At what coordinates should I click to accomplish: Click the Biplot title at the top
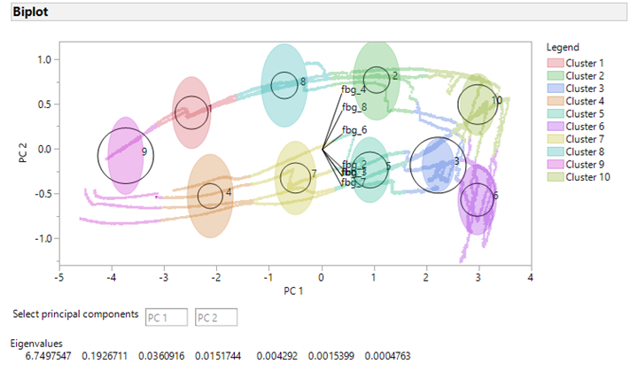pyautogui.click(x=31, y=12)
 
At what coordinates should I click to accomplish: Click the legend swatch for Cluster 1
pyautogui.click(x=555, y=63)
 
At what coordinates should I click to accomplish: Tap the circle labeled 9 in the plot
pyautogui.click(x=125, y=155)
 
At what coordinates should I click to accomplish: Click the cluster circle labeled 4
pyautogui.click(x=210, y=195)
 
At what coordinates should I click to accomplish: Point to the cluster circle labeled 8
pyautogui.click(x=284, y=84)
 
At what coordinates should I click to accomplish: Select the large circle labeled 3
pyautogui.click(x=438, y=165)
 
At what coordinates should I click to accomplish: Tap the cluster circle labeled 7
pyautogui.click(x=296, y=176)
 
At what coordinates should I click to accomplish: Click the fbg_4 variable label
pyautogui.click(x=354, y=89)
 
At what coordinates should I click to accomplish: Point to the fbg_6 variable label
pyautogui.click(x=354, y=130)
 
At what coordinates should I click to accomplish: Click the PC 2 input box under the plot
pyautogui.click(x=217, y=317)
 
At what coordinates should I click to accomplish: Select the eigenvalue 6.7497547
pyautogui.click(x=47, y=356)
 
